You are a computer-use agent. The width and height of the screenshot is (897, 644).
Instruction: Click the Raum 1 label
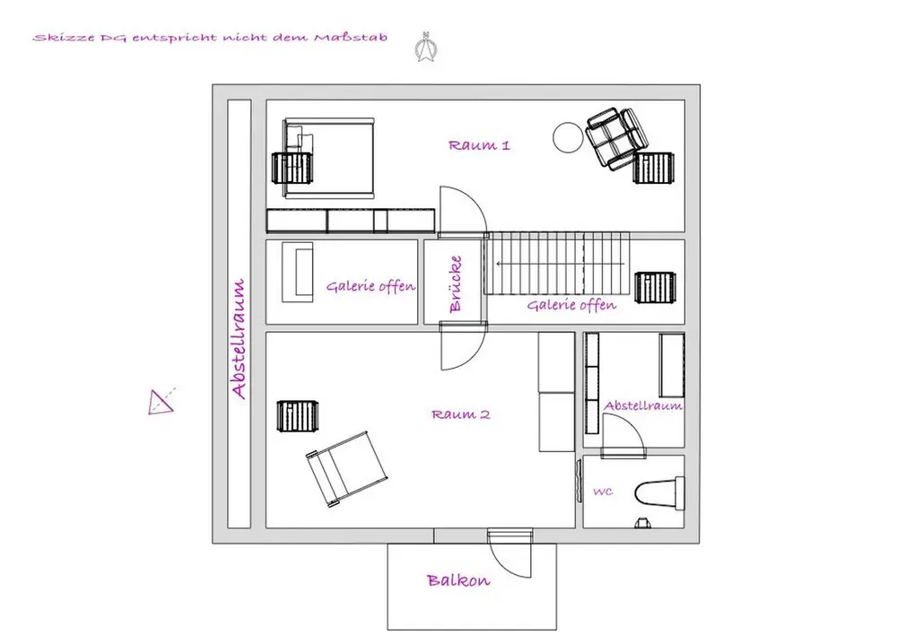[479, 145]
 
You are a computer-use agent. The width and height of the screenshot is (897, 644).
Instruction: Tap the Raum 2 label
[460, 414]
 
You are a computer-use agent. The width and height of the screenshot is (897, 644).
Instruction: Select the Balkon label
[458, 580]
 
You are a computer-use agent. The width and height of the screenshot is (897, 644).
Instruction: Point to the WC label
[603, 492]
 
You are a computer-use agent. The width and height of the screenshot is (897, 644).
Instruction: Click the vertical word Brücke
[456, 283]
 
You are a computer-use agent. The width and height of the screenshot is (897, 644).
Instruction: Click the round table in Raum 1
[568, 138]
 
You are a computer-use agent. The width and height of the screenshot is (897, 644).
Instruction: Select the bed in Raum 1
[329, 158]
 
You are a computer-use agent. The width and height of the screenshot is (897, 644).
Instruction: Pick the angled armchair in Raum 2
[346, 469]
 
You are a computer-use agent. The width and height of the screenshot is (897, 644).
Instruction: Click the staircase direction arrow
[561, 264]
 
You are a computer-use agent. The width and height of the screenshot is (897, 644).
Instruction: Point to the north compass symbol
[425, 47]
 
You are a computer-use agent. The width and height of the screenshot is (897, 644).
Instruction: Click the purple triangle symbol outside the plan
[161, 402]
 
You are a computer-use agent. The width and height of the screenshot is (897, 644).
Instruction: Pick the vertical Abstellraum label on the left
[239, 338]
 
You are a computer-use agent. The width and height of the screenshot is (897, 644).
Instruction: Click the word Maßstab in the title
[351, 38]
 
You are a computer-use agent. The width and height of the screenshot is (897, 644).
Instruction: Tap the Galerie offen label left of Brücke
[370, 286]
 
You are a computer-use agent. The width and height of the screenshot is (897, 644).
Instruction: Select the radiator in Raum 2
[298, 416]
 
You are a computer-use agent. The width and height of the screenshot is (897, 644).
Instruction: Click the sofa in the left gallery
[298, 273]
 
